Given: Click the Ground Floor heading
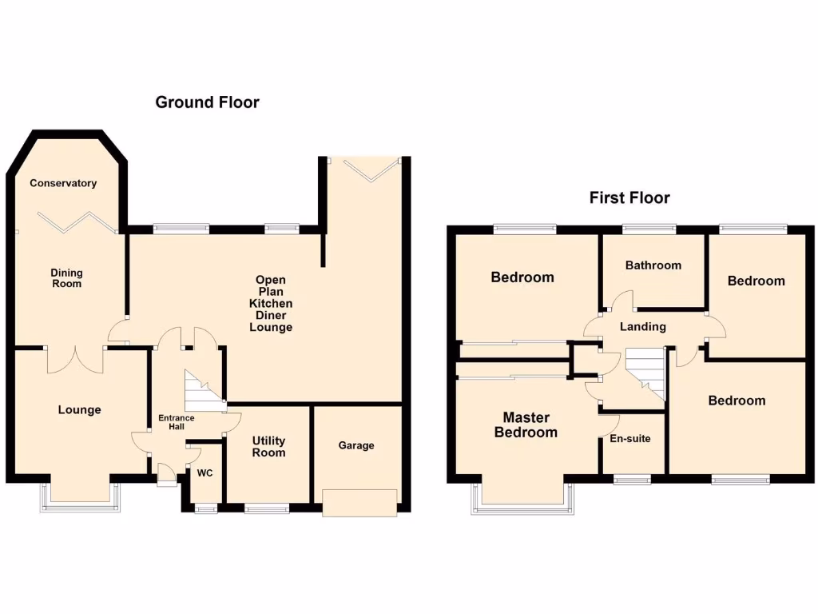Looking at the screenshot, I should point(207,102).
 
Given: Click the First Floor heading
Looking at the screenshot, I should point(629,197).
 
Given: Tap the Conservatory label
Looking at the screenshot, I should point(63,183).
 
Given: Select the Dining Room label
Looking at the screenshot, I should point(66,278).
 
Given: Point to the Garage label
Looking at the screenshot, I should point(356,445).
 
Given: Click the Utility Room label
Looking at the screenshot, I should point(268,447).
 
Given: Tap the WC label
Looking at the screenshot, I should point(205,472).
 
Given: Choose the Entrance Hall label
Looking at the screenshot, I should point(176,422).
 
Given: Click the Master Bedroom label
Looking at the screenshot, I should point(526,425).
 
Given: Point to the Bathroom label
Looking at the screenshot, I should point(653,265).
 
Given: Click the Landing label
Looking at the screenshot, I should point(643,326).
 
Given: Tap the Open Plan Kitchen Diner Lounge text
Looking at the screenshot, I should point(271,304).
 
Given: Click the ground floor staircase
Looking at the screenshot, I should point(201,389).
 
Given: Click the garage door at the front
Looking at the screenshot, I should point(359,502).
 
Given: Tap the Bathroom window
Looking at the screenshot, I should point(649,229).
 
